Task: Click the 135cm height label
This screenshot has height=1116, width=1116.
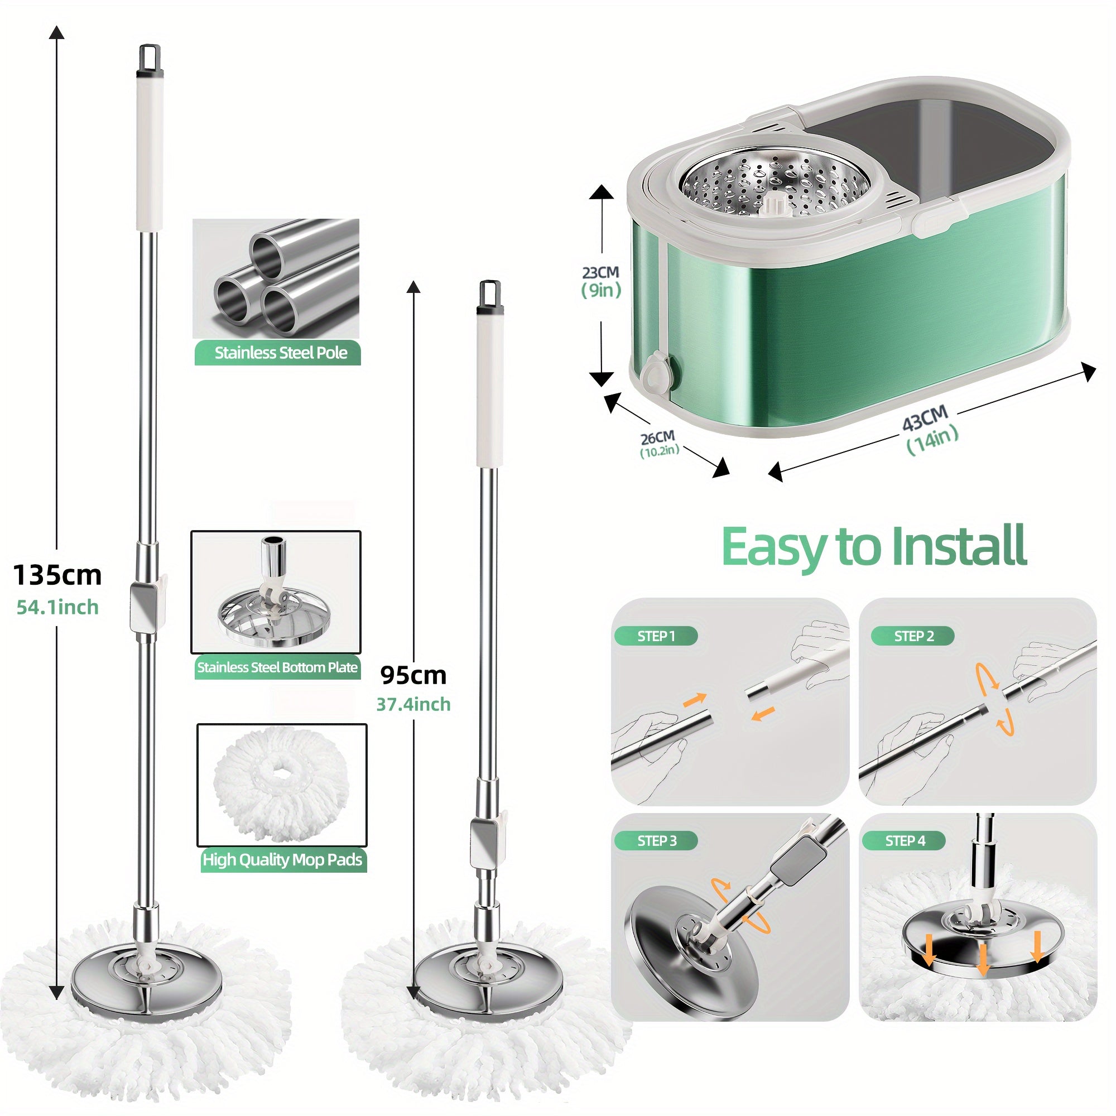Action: tap(57, 575)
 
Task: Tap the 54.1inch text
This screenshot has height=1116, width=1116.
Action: tap(57, 607)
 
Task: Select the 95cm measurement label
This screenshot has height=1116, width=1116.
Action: tap(413, 675)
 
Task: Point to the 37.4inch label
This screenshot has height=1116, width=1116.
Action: tap(413, 704)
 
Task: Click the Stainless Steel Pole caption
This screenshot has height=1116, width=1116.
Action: tap(280, 353)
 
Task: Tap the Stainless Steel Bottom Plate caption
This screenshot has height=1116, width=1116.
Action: tap(277, 667)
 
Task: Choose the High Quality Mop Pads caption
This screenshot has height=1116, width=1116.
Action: tap(282, 860)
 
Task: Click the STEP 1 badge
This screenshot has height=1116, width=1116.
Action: tap(656, 636)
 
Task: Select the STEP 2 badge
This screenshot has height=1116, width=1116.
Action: tap(913, 636)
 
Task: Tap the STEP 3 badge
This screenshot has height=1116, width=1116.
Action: tap(656, 841)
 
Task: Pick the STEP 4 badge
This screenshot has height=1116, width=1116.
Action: tap(905, 841)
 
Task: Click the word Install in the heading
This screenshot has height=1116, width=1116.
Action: tap(959, 546)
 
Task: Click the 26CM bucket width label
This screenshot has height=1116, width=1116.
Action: tap(657, 437)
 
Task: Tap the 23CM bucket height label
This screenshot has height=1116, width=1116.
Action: tap(600, 272)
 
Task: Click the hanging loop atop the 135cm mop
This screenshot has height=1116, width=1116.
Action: tap(150, 56)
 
